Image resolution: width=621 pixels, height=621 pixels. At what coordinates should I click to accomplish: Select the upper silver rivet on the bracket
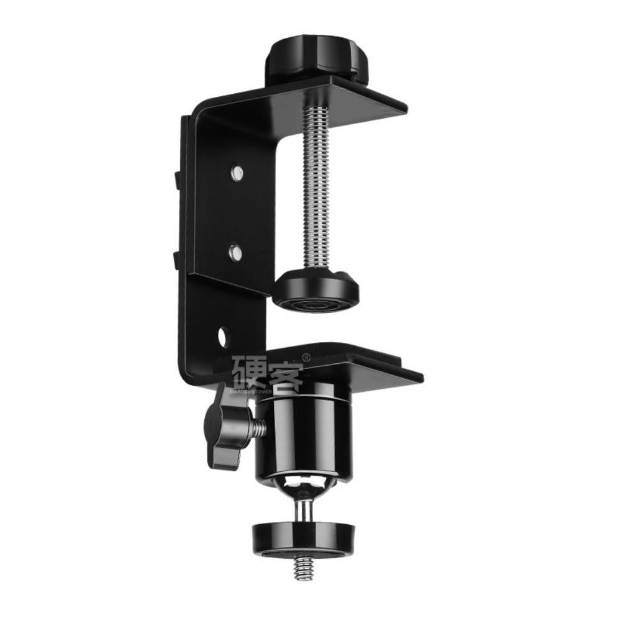[236, 172]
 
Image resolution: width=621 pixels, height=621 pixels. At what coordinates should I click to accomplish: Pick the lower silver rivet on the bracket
[235, 252]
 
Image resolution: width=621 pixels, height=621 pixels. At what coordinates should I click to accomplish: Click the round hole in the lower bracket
[224, 337]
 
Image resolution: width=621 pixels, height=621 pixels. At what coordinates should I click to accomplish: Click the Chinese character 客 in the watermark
[283, 373]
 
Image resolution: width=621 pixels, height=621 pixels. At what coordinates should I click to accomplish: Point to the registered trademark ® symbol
[306, 358]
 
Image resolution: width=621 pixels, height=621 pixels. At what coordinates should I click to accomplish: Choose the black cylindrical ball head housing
[304, 435]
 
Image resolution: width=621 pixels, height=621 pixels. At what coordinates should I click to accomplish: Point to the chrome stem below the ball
[304, 510]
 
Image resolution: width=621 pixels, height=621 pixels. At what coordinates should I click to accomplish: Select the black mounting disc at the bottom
[304, 538]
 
